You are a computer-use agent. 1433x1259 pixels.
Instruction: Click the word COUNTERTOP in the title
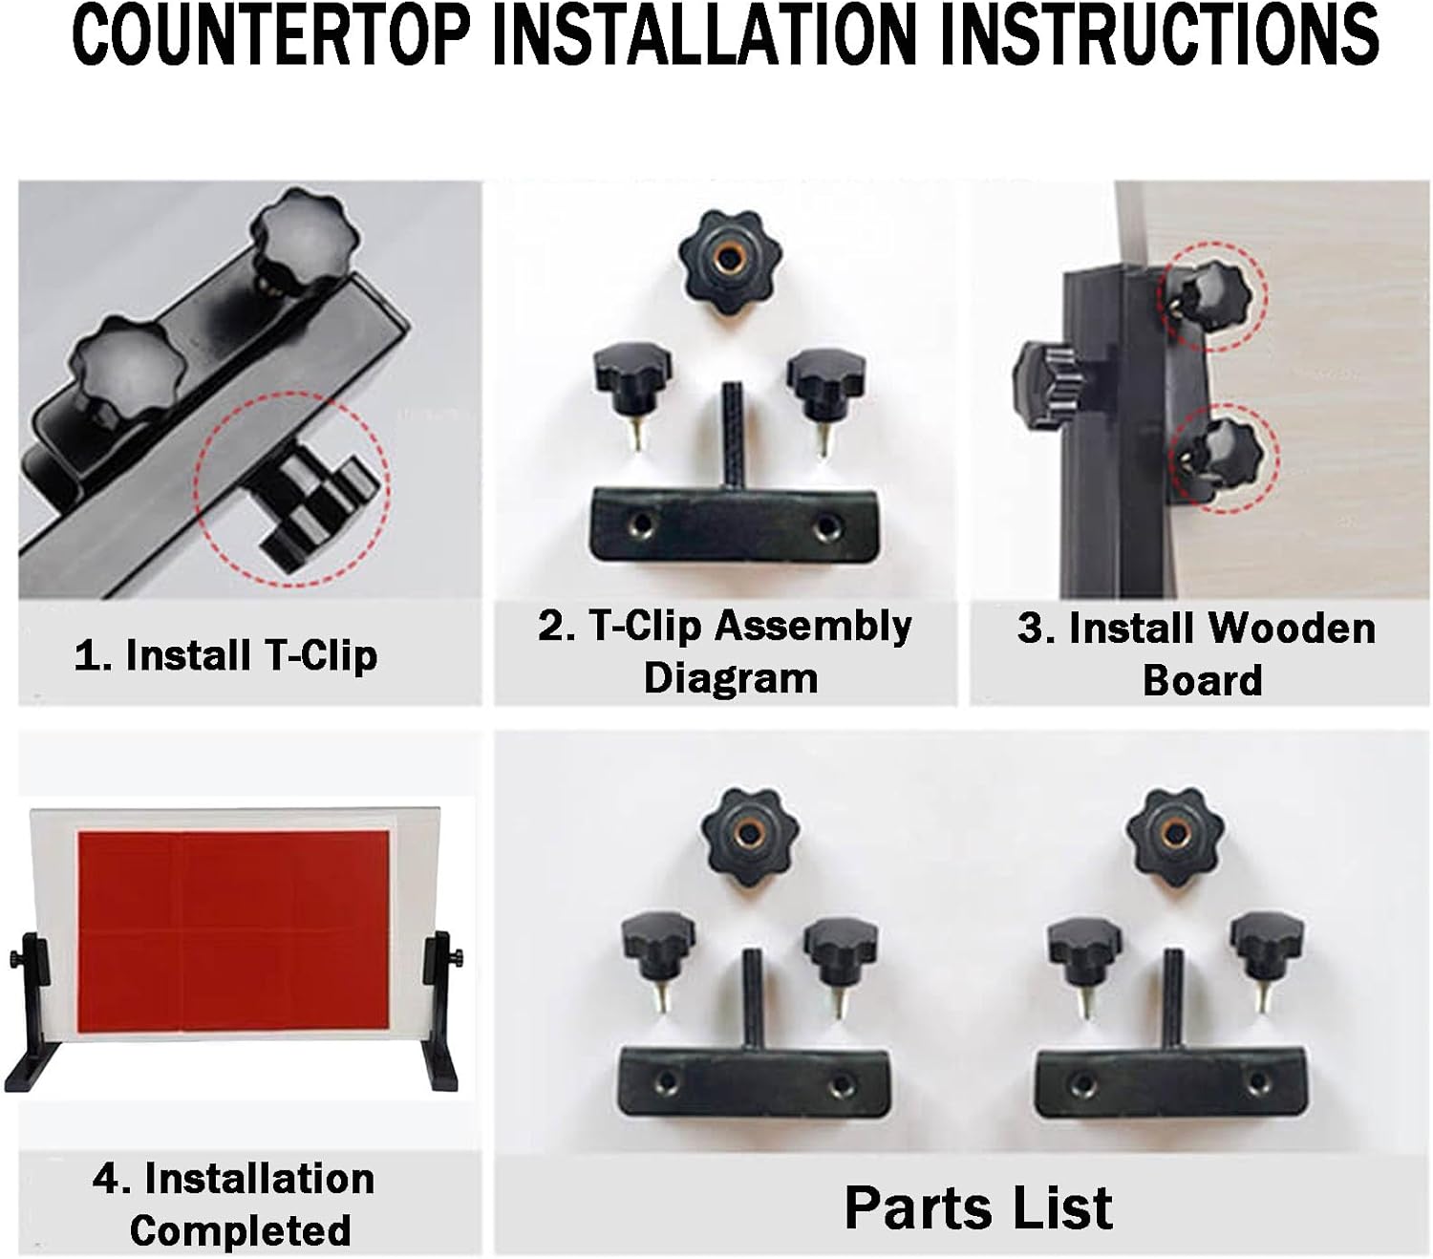pos(271,34)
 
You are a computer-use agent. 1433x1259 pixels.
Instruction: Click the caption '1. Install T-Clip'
pos(225,655)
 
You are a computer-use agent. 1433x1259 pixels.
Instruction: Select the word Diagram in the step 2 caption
pos(731,678)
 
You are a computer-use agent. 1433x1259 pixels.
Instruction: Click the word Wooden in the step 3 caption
pos(1292,629)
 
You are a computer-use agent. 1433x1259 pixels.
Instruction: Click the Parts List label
pos(979,1208)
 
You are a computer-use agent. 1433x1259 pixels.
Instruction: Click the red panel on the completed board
pos(233,930)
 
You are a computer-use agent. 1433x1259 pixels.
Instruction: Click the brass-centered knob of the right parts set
pos(1175,836)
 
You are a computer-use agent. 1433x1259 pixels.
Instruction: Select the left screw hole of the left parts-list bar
pos(666,1080)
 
